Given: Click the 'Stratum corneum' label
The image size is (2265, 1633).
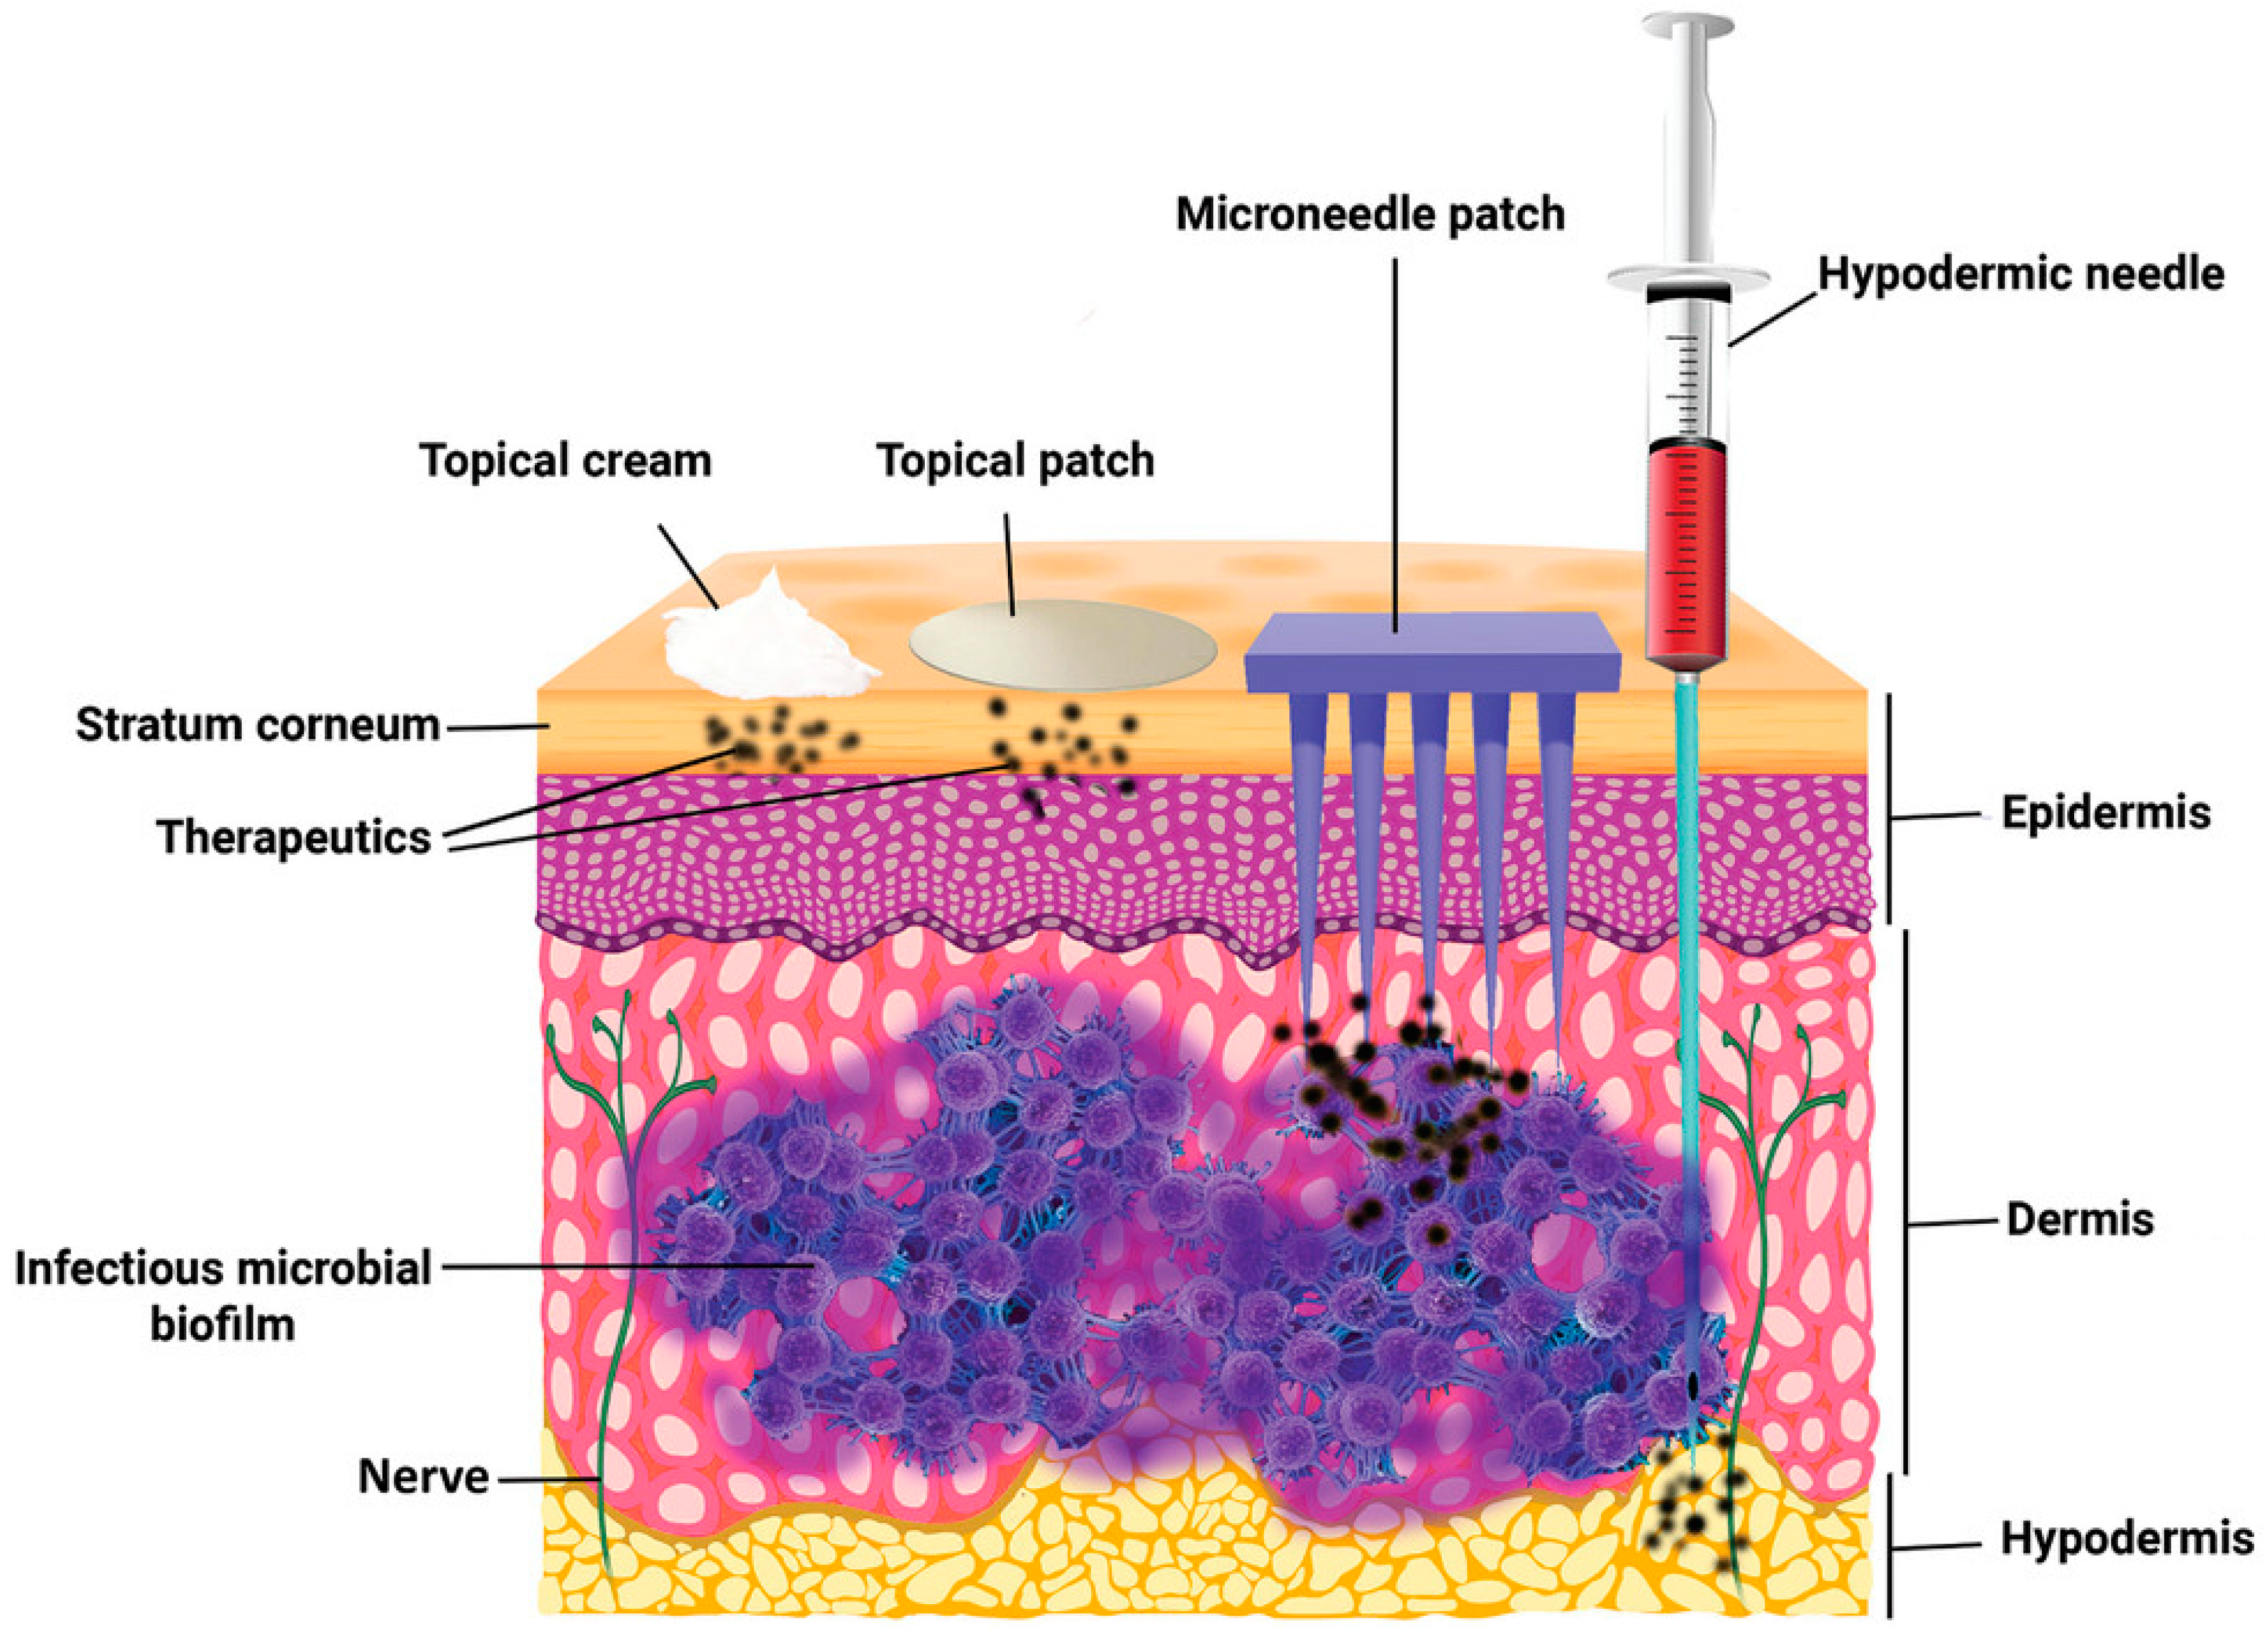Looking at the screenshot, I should tap(257, 725).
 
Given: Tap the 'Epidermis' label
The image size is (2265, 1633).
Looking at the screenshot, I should tap(2105, 814).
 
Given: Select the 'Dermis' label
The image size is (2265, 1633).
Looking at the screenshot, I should tap(2079, 1220).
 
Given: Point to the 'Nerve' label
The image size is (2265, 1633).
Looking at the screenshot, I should tap(424, 1476).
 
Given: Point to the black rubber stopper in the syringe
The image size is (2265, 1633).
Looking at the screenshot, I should tap(1688, 293).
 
